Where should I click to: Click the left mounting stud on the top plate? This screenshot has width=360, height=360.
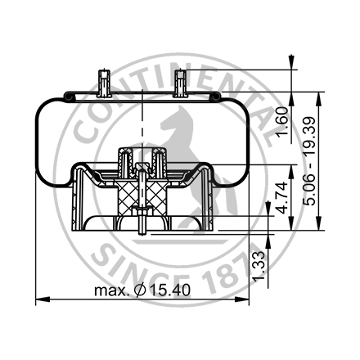point(102,83)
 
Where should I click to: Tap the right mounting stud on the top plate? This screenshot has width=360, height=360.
point(181,83)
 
